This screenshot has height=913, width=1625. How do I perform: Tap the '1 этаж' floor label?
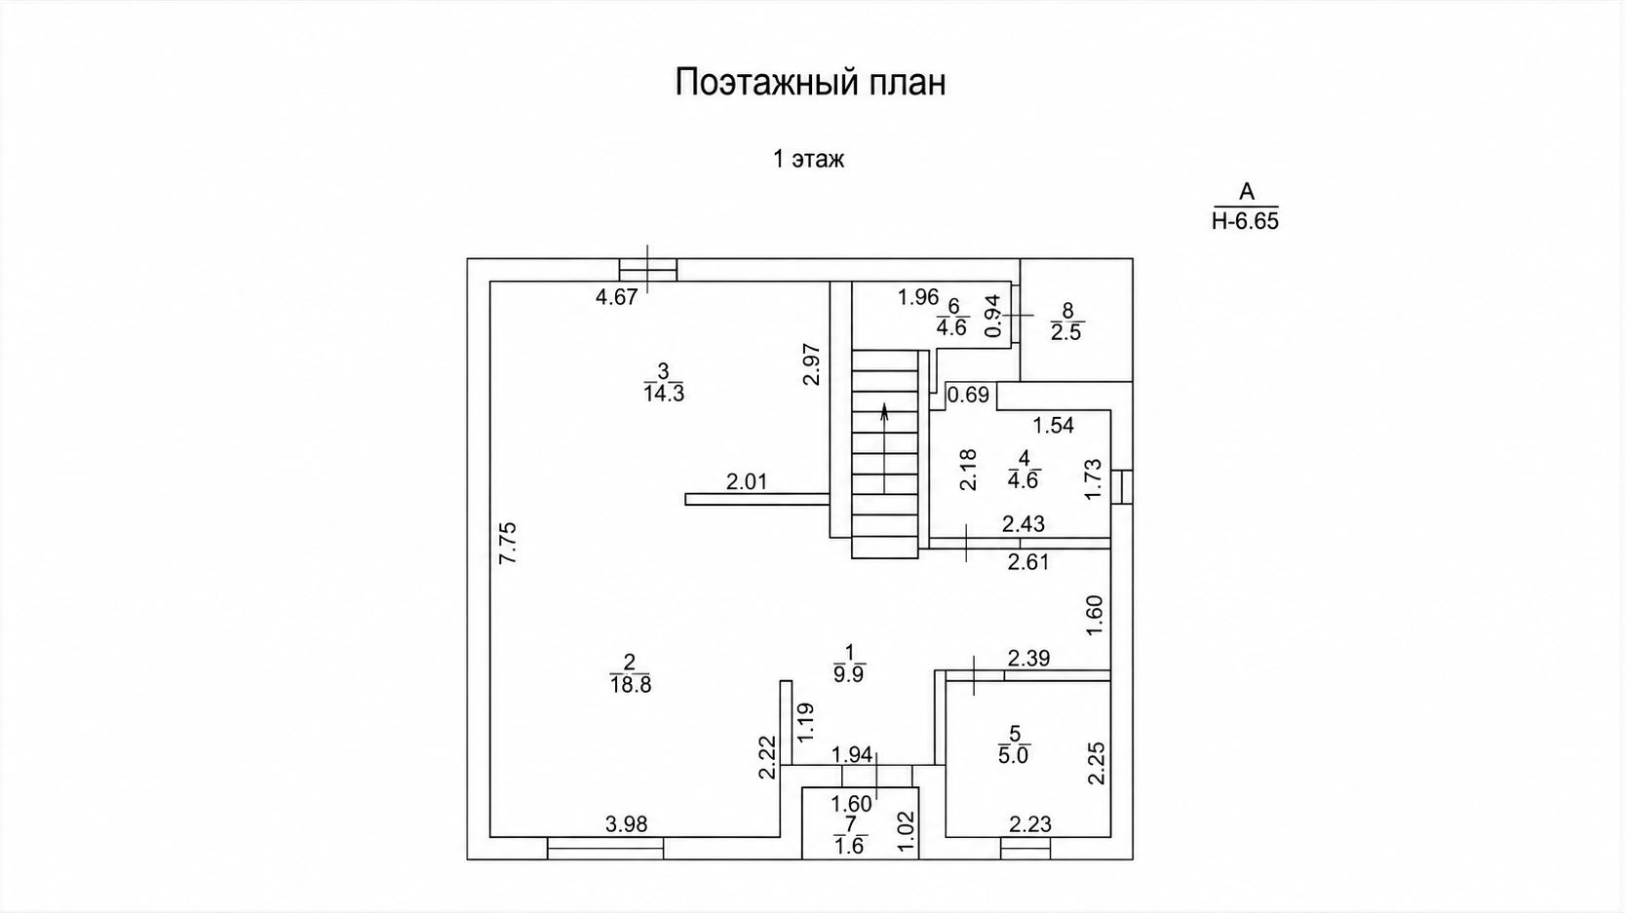tap(808, 159)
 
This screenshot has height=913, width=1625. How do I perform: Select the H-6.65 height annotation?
tap(1245, 221)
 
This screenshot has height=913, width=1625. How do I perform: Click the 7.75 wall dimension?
tap(508, 543)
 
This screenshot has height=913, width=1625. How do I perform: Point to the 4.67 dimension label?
tap(617, 297)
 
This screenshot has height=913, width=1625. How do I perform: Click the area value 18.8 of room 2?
tap(631, 685)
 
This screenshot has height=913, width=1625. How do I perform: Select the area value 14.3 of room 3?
tap(664, 394)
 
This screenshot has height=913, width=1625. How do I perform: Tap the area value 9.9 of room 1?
tap(849, 673)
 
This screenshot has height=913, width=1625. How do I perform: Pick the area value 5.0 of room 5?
tap(1014, 755)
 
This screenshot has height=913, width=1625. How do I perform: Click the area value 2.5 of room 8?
tap(1066, 332)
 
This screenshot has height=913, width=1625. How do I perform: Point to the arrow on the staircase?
tap(884, 448)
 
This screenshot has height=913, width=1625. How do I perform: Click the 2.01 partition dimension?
tap(747, 481)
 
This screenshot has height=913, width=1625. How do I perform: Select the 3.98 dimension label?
tap(626, 824)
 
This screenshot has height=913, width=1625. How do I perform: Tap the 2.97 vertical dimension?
tap(812, 364)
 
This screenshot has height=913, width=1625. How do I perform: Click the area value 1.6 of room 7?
tap(849, 847)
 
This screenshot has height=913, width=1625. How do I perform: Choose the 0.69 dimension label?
tap(969, 396)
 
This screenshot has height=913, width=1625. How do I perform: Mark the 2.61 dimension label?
tap(1028, 562)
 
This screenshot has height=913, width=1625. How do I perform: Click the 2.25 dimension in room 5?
tap(1096, 763)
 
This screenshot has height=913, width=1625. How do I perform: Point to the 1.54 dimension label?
tap(1054, 426)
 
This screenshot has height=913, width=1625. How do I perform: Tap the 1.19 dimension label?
tap(805, 722)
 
